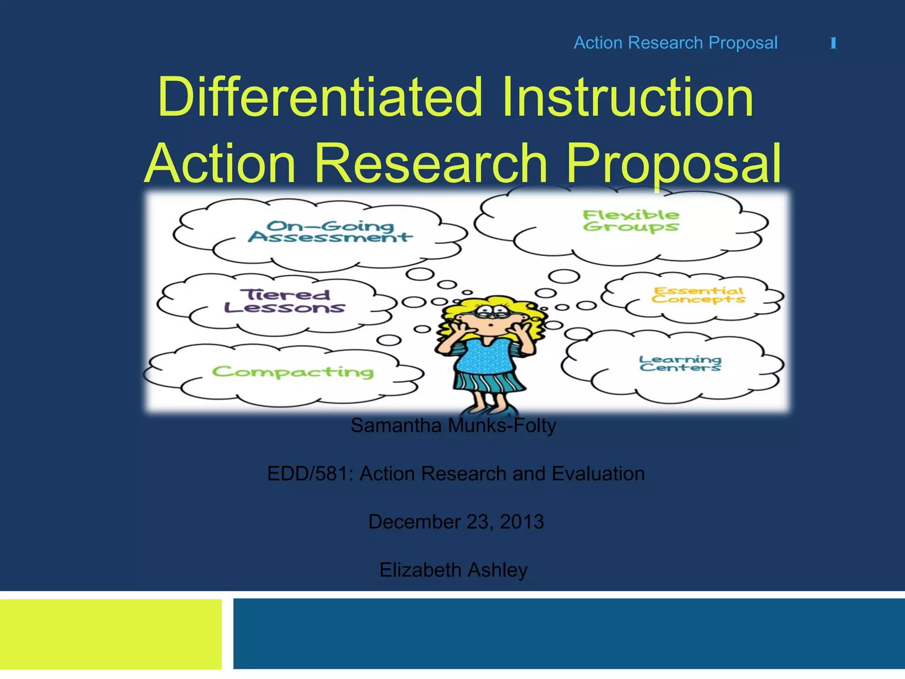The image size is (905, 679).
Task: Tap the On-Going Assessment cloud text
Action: click(330, 232)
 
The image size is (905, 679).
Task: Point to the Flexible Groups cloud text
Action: click(631, 221)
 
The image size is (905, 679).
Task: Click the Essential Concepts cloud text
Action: click(699, 295)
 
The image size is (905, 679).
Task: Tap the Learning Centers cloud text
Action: click(680, 363)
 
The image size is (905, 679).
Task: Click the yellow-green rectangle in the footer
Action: click(110, 634)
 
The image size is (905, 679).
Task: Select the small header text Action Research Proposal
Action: click(676, 43)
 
